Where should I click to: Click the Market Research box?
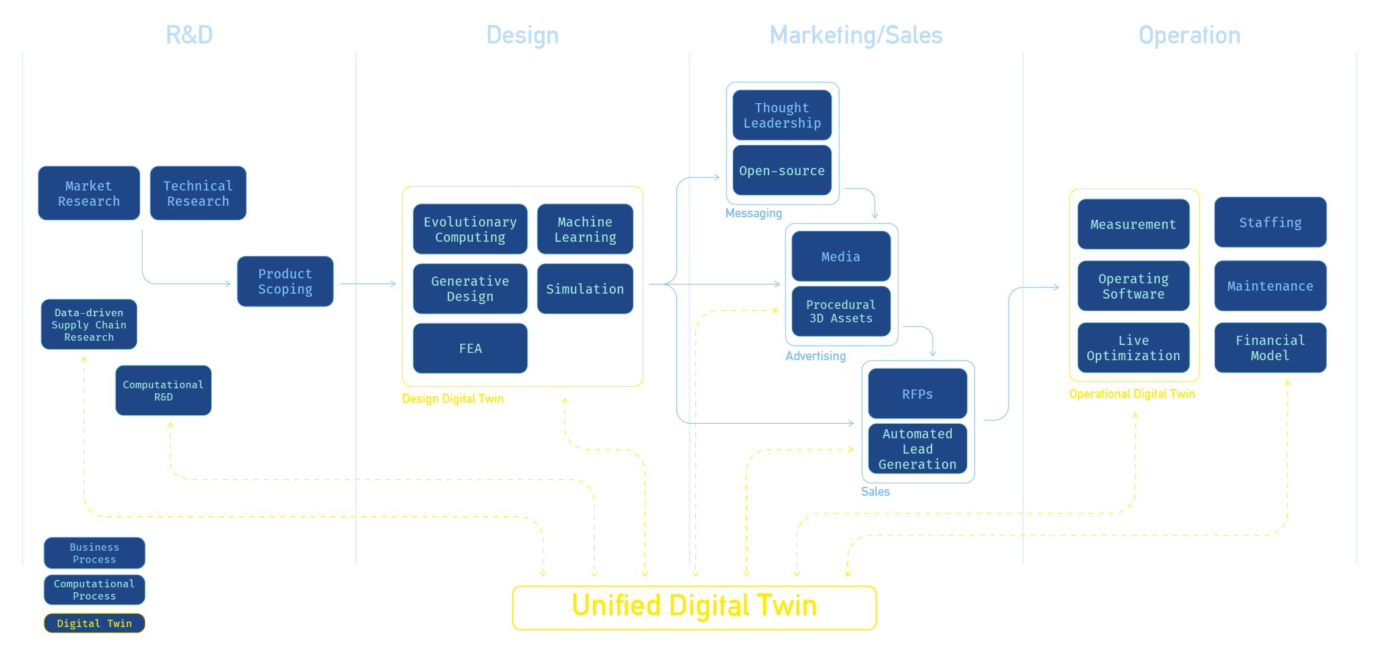(89, 194)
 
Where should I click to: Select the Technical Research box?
(198, 194)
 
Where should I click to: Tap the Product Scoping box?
(285, 281)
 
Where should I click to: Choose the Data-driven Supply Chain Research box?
(89, 325)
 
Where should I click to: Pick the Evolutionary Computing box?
(470, 230)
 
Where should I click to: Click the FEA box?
(470, 349)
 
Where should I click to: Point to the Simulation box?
(585, 289)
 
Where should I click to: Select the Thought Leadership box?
(782, 115)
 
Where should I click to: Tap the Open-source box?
(782, 171)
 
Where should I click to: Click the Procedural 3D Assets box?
(841, 311)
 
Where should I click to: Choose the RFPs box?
(918, 394)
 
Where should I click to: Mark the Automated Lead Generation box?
(918, 449)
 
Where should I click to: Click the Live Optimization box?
(1134, 348)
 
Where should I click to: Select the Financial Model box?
(1270, 348)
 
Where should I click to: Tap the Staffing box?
(1270, 223)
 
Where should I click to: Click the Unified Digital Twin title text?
(695, 606)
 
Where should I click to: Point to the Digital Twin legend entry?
(95, 623)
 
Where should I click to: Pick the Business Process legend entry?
(95, 553)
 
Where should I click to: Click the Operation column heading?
(1189, 35)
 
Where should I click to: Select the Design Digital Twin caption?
(454, 399)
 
